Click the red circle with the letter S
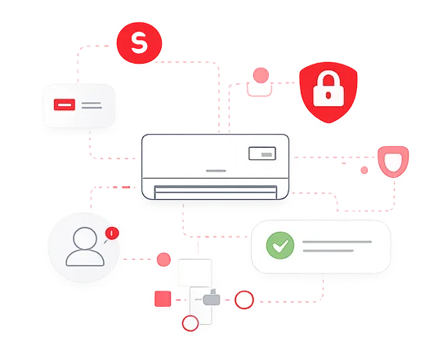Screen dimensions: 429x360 (139, 43)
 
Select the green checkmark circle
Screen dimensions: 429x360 (280, 246)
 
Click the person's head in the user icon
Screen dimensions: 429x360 (85, 238)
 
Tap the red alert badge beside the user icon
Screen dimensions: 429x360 (112, 233)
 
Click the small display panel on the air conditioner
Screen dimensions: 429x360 (262, 153)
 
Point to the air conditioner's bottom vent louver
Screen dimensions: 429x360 (216, 192)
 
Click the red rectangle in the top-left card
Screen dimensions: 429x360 (65, 104)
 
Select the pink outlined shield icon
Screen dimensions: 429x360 (393, 162)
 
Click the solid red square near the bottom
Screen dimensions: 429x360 (163, 299)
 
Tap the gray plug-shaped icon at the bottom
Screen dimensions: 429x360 (212, 298)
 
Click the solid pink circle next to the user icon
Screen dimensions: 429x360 (163, 260)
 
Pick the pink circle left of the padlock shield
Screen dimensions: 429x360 (261, 75)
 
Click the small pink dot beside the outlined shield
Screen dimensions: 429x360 (364, 171)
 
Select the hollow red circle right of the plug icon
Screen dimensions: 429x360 (244, 300)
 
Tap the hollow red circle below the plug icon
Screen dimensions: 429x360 (190, 323)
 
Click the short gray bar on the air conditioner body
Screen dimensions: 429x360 (216, 171)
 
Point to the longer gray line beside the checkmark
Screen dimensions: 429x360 (337, 242)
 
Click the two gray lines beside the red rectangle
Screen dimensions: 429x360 (92, 105)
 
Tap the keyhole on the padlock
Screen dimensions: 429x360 (328, 96)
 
